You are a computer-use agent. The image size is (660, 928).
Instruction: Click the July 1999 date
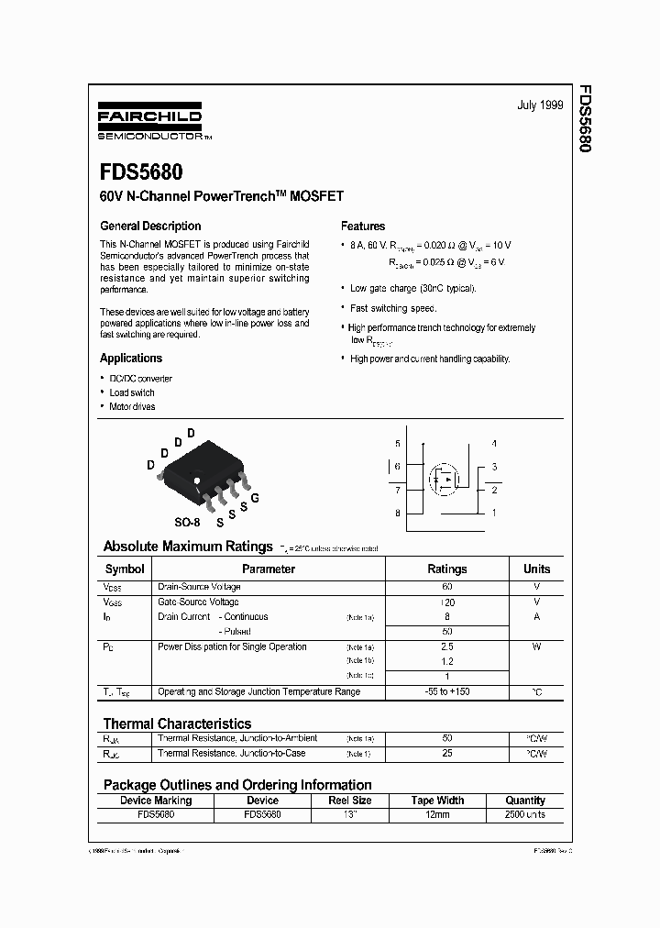[x=539, y=105]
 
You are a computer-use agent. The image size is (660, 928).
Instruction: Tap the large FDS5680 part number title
[x=141, y=172]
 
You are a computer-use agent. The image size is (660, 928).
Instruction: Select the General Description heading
[x=150, y=226]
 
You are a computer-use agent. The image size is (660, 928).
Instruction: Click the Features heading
[x=363, y=226]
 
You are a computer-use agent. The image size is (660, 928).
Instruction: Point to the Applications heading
[x=131, y=359]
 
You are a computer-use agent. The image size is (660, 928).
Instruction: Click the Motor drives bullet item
[x=132, y=406]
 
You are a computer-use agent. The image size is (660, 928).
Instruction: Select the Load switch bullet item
[x=132, y=392]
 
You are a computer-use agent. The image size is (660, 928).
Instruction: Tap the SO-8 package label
[x=187, y=522]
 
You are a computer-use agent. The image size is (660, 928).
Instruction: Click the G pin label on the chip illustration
[x=255, y=497]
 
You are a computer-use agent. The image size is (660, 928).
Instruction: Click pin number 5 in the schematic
[x=398, y=444]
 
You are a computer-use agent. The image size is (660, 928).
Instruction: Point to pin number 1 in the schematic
[x=494, y=513]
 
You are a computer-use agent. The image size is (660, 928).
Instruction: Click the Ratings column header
[x=447, y=569]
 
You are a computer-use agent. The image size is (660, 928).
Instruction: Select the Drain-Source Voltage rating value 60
[x=447, y=586]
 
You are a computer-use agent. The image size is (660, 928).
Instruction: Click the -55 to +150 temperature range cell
[x=447, y=690]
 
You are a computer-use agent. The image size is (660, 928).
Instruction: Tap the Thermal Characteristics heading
[x=177, y=724]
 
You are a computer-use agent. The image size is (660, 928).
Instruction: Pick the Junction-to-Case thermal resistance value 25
[x=447, y=753]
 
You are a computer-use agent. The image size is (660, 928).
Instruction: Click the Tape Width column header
[x=437, y=801]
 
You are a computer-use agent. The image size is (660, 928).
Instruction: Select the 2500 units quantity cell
[x=525, y=813]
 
